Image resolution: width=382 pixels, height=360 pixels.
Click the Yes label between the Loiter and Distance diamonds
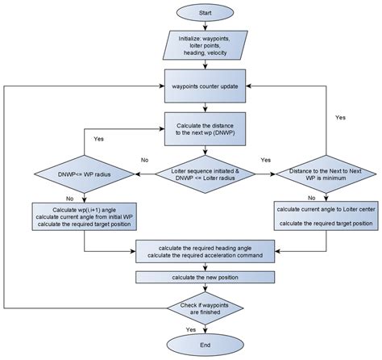click(x=267, y=160)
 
